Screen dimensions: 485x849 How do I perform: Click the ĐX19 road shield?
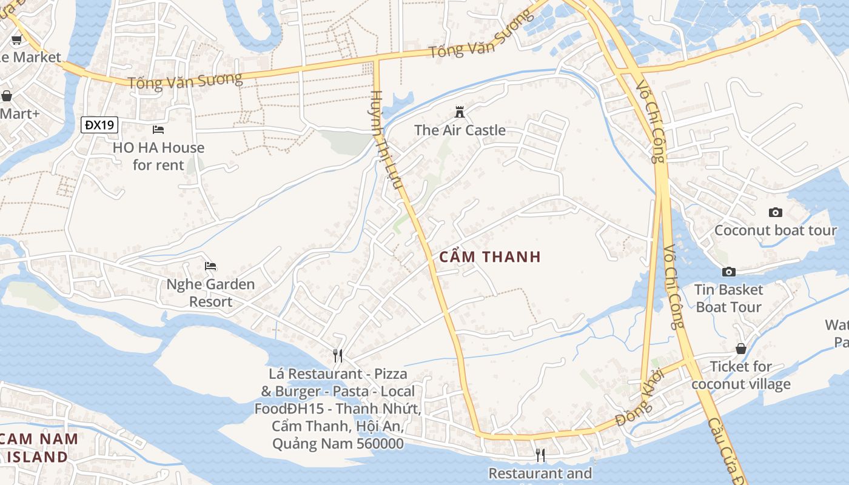coord(99,125)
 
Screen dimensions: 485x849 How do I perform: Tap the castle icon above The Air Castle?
coord(460,112)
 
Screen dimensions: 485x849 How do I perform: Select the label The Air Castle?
coord(460,130)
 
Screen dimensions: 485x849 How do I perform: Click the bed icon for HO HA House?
coord(158,130)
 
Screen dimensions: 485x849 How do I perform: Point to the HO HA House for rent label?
coord(158,156)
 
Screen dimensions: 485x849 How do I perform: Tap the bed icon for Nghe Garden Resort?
coord(210,266)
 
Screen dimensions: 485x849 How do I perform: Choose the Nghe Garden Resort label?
coord(210,293)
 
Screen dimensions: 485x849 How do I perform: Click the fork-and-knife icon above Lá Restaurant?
coord(338,355)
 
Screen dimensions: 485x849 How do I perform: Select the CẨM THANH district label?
coord(489,257)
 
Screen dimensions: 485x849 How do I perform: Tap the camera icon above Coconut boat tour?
coord(775,212)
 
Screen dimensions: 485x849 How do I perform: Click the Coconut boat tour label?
coord(775,230)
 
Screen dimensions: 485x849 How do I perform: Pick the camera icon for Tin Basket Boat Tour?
coord(728,272)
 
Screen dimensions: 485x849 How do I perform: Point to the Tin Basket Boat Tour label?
coord(728,298)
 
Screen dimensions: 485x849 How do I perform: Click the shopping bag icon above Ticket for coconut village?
coord(740,349)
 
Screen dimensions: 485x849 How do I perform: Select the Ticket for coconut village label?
coord(740,375)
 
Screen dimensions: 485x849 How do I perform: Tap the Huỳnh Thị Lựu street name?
coord(386,139)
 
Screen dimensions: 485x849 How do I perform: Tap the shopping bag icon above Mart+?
coord(7,96)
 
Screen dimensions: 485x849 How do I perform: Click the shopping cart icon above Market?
coord(16,40)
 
